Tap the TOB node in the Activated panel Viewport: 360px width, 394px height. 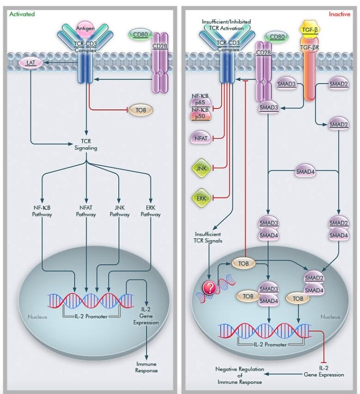(x=141, y=110)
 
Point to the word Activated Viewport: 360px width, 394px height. (x=22, y=14)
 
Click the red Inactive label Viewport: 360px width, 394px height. (x=339, y=14)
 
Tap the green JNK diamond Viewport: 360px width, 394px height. (x=200, y=168)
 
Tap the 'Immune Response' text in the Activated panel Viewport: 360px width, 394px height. (x=147, y=367)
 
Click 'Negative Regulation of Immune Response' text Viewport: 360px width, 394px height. (x=240, y=375)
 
